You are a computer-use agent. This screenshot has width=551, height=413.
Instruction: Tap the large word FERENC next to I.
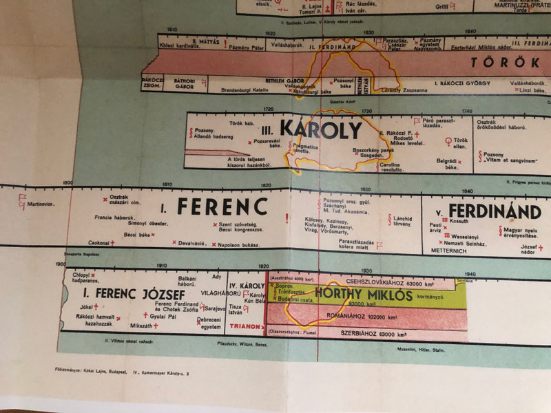tap(222, 206)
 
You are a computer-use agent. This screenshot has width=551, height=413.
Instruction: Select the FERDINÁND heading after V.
tap(495, 211)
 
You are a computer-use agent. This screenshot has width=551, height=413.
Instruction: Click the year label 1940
tap(470, 273)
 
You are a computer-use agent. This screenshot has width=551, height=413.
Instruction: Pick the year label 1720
tap(268, 110)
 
